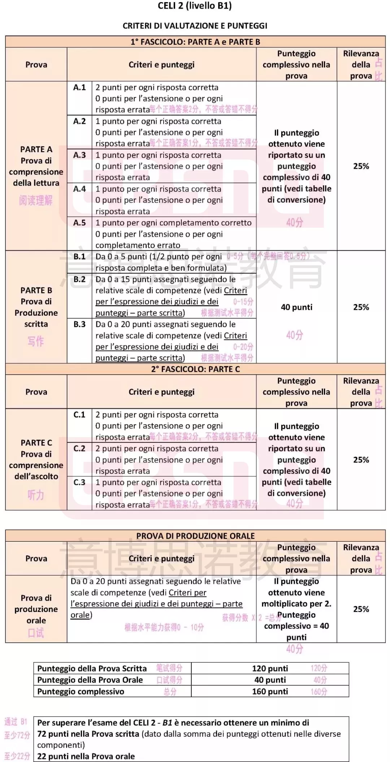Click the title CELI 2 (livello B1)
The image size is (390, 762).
(195, 6)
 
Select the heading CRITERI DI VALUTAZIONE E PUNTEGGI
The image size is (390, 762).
(195, 26)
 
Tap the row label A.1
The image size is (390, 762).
(79, 87)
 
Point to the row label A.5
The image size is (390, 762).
(79, 223)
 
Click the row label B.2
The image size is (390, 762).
(79, 279)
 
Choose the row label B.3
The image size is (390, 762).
(79, 324)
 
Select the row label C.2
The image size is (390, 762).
(79, 448)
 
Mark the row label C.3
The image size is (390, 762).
(79, 482)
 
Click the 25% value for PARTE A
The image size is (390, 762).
(361, 166)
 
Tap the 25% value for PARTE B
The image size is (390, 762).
(361, 307)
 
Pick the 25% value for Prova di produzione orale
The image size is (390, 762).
(361, 609)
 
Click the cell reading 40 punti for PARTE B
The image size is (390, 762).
(296, 307)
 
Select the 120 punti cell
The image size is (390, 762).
(270, 668)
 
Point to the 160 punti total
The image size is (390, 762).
(270, 691)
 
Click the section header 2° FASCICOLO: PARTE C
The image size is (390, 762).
(195, 369)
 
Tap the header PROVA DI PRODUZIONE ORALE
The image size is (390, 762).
(195, 536)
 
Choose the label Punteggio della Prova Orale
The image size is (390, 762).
(90, 680)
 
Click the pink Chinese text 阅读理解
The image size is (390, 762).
(36, 200)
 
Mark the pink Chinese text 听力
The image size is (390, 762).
(36, 495)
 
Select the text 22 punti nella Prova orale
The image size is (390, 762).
(86, 756)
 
